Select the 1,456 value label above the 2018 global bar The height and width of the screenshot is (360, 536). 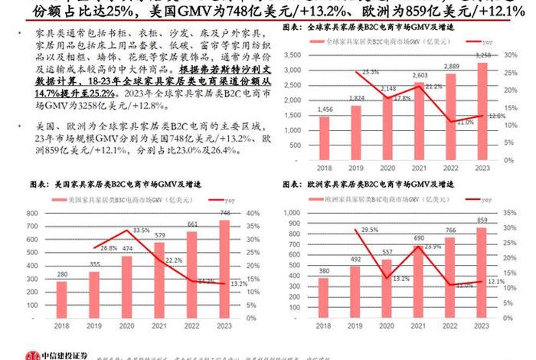324,110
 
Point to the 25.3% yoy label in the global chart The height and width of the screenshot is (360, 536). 371,72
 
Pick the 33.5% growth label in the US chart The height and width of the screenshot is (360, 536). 140,230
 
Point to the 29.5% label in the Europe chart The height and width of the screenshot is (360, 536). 369,230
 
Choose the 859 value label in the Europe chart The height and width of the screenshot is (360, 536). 482,220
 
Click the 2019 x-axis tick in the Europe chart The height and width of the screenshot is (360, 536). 356,325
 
